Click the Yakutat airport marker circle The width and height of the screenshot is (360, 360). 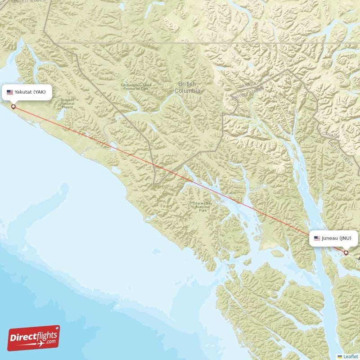pos(13,107)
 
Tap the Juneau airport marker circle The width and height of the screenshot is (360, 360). pos(346,253)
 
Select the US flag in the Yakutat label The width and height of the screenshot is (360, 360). pos(10,92)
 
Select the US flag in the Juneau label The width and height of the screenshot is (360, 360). pos(317,238)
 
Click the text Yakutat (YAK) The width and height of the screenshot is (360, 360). pos(30,92)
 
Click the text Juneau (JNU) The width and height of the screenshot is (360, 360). pos(337,238)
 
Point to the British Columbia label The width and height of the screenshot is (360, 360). pos(187,87)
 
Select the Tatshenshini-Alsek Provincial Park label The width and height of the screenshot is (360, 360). pos(136,87)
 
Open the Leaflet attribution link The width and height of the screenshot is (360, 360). pos(350,356)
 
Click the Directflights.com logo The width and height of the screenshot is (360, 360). pos(33,338)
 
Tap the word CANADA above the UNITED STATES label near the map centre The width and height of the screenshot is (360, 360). pos(248,85)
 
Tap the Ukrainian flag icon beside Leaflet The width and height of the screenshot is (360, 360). pos(340,356)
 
